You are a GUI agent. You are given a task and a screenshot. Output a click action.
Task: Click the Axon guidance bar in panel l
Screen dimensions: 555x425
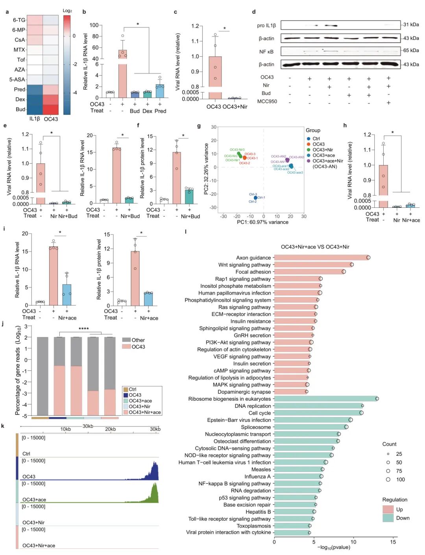321,257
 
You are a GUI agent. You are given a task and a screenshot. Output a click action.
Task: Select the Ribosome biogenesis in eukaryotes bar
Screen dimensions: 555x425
325,399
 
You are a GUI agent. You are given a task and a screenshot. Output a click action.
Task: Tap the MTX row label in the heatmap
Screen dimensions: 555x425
19,50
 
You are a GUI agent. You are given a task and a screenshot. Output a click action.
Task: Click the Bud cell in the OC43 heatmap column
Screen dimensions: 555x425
51,109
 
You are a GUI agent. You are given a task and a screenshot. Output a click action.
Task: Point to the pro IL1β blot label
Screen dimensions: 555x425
266,26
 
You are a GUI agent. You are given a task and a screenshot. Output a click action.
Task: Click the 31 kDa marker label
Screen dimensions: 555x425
411,24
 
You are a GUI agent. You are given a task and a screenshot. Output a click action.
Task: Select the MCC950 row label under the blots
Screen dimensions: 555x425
267,102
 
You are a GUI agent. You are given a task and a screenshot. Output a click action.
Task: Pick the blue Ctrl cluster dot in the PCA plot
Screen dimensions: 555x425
255,198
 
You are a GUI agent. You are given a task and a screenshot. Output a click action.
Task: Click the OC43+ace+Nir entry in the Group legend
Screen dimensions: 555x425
327,161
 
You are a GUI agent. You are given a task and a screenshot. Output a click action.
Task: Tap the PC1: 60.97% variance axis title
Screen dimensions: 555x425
262,222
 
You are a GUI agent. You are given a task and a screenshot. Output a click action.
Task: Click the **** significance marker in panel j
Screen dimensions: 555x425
83,329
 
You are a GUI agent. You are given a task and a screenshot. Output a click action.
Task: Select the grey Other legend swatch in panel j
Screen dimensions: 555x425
126,340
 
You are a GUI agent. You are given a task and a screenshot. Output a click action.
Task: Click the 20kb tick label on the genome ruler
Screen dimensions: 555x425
110,429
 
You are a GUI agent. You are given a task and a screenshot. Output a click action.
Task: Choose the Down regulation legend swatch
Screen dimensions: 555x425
388,518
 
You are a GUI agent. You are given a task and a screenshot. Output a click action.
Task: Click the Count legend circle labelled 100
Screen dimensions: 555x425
388,479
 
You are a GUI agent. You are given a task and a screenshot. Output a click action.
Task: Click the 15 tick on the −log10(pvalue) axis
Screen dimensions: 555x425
393,542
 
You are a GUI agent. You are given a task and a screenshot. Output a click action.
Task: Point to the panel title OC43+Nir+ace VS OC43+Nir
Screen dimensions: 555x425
315,247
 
